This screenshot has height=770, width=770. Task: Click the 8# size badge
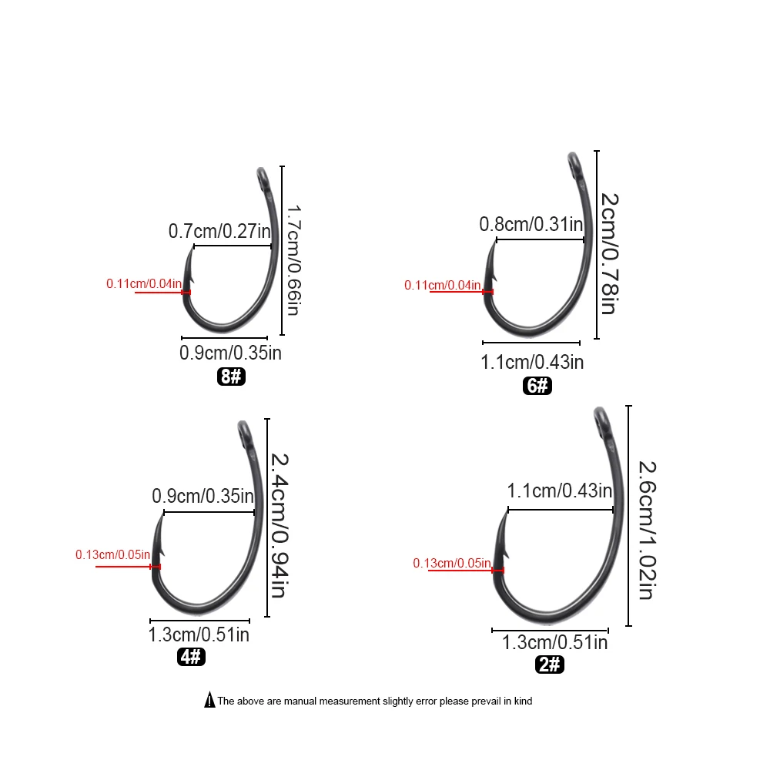(231, 377)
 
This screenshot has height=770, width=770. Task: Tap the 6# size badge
(538, 386)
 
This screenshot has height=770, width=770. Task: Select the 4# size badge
(191, 657)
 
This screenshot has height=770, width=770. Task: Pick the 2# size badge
(551, 664)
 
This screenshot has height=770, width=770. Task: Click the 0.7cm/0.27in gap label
(219, 230)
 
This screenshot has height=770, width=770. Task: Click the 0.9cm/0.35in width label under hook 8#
(230, 353)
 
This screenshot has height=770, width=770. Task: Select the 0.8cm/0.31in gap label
(531, 224)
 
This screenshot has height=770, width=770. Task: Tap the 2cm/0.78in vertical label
(608, 253)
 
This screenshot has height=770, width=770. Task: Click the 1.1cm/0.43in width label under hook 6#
(532, 361)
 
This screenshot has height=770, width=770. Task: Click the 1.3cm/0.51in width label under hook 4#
(198, 634)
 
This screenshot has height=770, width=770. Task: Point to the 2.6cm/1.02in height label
(645, 530)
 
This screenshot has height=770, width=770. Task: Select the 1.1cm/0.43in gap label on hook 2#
(560, 490)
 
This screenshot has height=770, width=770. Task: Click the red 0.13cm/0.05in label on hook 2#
(452, 564)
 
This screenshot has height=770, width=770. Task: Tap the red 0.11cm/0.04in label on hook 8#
(144, 284)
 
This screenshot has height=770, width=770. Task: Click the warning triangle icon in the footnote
(209, 701)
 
